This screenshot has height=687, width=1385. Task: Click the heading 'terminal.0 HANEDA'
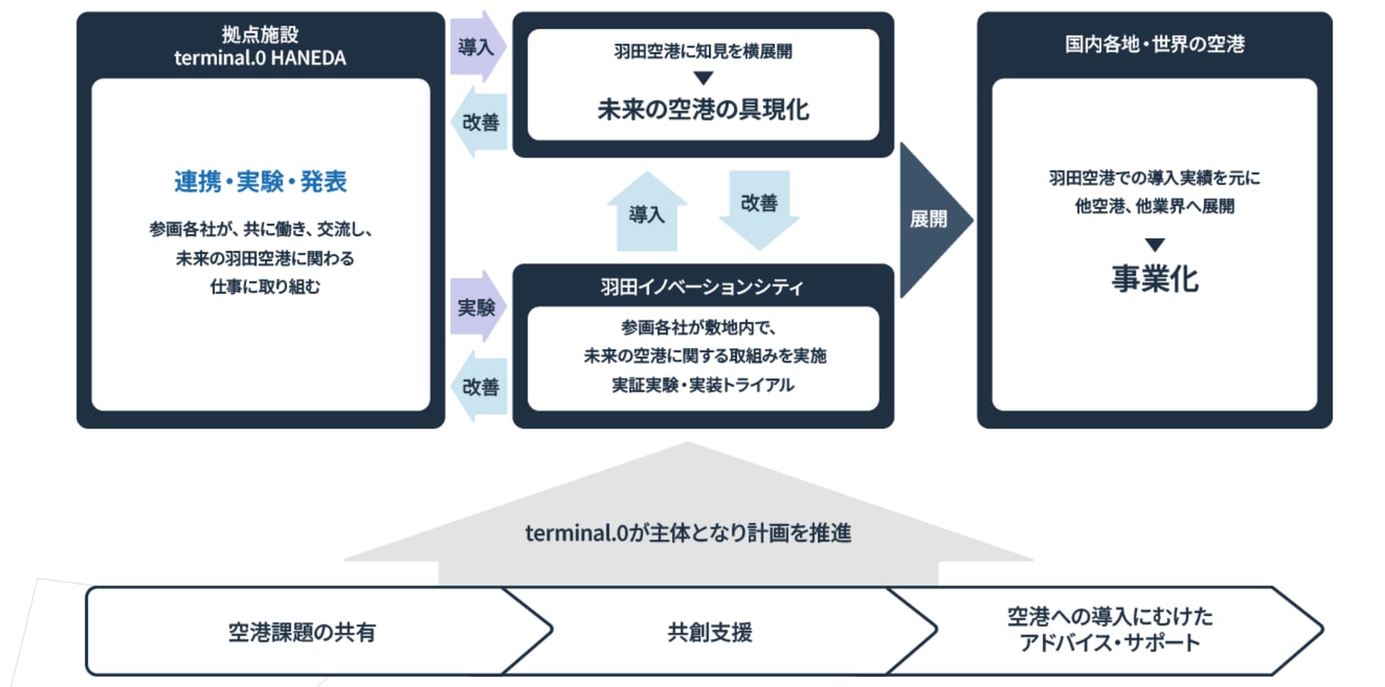pyautogui.click(x=260, y=57)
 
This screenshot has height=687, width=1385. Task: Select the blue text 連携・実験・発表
pyautogui.click(x=261, y=182)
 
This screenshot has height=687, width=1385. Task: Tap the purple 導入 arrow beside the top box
pyautogui.click(x=478, y=47)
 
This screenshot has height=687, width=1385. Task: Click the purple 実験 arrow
pyautogui.click(x=478, y=306)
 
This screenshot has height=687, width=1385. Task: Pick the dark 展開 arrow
pyautogui.click(x=934, y=220)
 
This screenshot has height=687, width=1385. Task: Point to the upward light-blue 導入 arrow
pyautogui.click(x=647, y=211)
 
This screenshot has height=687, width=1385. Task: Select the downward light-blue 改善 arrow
pyautogui.click(x=759, y=210)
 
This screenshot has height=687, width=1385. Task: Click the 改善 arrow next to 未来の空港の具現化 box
pyautogui.click(x=480, y=122)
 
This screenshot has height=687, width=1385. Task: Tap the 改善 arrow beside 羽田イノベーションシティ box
pyautogui.click(x=480, y=386)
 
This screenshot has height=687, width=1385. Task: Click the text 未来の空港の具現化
pyautogui.click(x=703, y=110)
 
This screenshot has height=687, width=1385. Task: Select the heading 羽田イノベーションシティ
pyautogui.click(x=702, y=286)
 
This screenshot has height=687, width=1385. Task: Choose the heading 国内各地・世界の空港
pyautogui.click(x=1155, y=44)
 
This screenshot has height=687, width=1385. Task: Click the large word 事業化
pyautogui.click(x=1155, y=279)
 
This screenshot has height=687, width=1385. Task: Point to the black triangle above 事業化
pyautogui.click(x=1155, y=245)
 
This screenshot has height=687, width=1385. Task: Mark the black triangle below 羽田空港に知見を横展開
pyautogui.click(x=703, y=78)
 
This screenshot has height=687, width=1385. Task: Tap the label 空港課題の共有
pyautogui.click(x=302, y=632)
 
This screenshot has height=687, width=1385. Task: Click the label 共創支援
pyautogui.click(x=710, y=632)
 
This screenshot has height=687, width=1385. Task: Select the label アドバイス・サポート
pyautogui.click(x=1110, y=643)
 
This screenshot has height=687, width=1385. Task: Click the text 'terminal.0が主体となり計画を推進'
pyautogui.click(x=688, y=532)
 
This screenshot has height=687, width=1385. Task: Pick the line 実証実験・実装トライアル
pyautogui.click(x=703, y=385)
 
